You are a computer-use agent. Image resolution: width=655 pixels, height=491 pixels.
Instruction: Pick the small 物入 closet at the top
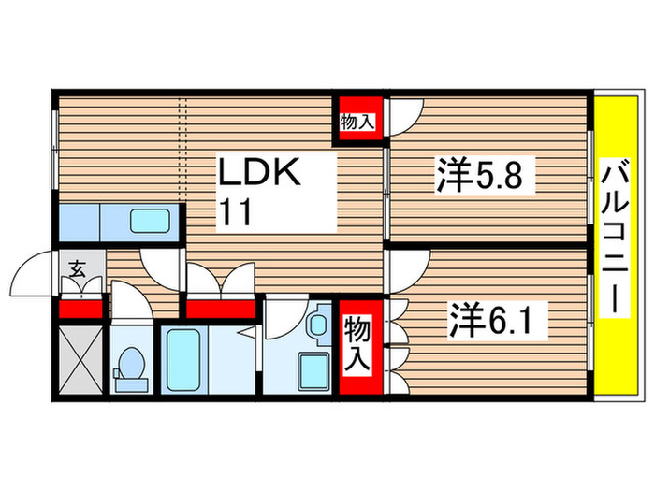358,122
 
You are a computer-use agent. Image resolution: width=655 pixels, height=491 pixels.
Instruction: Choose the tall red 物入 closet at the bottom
359,343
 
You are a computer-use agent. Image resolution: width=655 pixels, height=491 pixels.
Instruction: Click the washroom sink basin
316,325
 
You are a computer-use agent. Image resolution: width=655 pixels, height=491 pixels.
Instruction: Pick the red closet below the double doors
220,308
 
